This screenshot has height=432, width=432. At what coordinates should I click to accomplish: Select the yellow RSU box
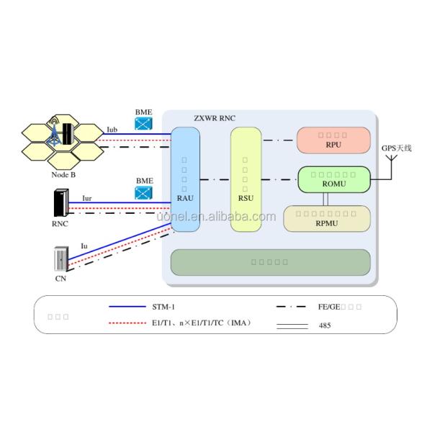pos(245,180)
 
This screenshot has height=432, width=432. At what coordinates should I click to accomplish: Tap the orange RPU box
pos(333,140)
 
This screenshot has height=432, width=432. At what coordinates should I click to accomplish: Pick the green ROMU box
pos(333,179)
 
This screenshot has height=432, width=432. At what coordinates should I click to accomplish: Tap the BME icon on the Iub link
pos(144,124)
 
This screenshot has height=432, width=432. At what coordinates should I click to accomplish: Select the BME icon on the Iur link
pos(144,192)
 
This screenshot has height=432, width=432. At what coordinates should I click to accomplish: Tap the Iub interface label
pos(112,130)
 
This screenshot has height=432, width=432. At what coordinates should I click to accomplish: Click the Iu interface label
pos(84,245)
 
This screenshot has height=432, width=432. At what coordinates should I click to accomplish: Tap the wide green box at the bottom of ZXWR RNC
pos(270,261)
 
